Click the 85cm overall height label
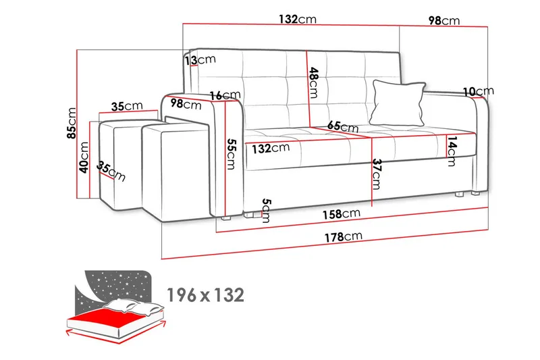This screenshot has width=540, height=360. click(x=72, y=123)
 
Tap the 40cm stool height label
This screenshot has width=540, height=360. click(x=84, y=157)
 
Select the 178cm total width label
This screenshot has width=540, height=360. click(x=344, y=236)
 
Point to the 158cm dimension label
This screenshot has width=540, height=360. click(x=342, y=214)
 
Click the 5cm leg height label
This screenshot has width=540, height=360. click(x=266, y=211)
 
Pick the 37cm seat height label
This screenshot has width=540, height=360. click(x=377, y=174)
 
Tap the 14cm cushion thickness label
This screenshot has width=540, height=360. click(x=452, y=151)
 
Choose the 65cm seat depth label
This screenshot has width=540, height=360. click(x=343, y=126)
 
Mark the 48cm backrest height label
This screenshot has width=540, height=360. click(x=313, y=82)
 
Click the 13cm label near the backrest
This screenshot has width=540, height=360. click(x=200, y=60)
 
